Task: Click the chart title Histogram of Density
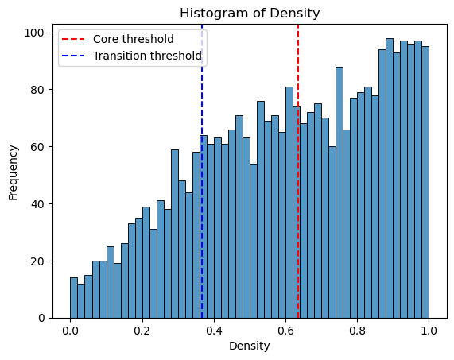tap(250, 14)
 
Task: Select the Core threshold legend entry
tap(118, 39)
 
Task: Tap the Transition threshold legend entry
tap(132, 56)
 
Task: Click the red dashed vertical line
tap(298, 172)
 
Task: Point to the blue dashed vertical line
tap(202, 172)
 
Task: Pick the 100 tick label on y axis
tap(34, 33)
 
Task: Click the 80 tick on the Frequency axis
tap(38, 90)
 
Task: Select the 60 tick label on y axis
tap(38, 147)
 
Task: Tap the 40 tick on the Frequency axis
tap(38, 204)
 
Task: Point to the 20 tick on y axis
tap(38, 261)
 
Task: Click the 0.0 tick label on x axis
tap(70, 331)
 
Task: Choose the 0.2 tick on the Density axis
tap(142, 331)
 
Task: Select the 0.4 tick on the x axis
tap(214, 331)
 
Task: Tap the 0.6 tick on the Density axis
tap(285, 331)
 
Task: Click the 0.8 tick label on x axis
tap(357, 331)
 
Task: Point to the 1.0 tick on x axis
tap(429, 331)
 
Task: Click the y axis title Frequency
tap(13, 172)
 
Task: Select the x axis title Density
tap(250, 346)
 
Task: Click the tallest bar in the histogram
tap(390, 178)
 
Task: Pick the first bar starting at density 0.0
tap(74, 298)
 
